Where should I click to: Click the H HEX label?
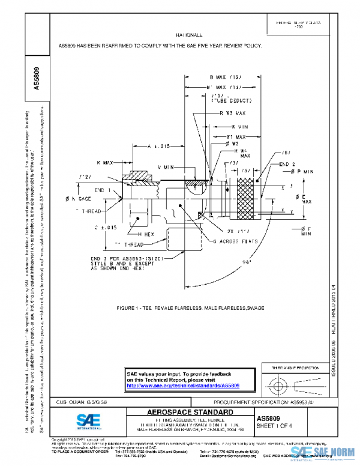click(146, 234)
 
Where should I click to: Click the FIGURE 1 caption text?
click(190, 308)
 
